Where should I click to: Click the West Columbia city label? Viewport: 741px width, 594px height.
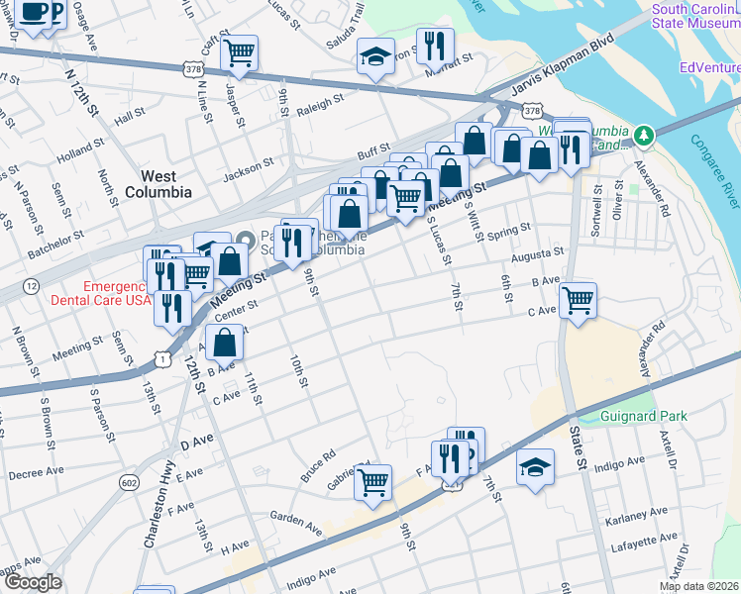(x=159, y=183)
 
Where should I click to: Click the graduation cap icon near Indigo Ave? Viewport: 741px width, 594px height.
(x=535, y=466)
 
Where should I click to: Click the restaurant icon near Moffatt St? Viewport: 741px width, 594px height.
(x=435, y=44)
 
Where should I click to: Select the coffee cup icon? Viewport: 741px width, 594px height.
(x=34, y=13)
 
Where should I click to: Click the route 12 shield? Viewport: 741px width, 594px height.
(x=33, y=286)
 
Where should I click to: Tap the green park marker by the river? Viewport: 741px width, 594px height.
(x=644, y=133)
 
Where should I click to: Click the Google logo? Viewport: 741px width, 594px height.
(x=33, y=582)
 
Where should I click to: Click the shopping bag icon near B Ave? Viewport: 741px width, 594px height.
(x=226, y=343)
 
